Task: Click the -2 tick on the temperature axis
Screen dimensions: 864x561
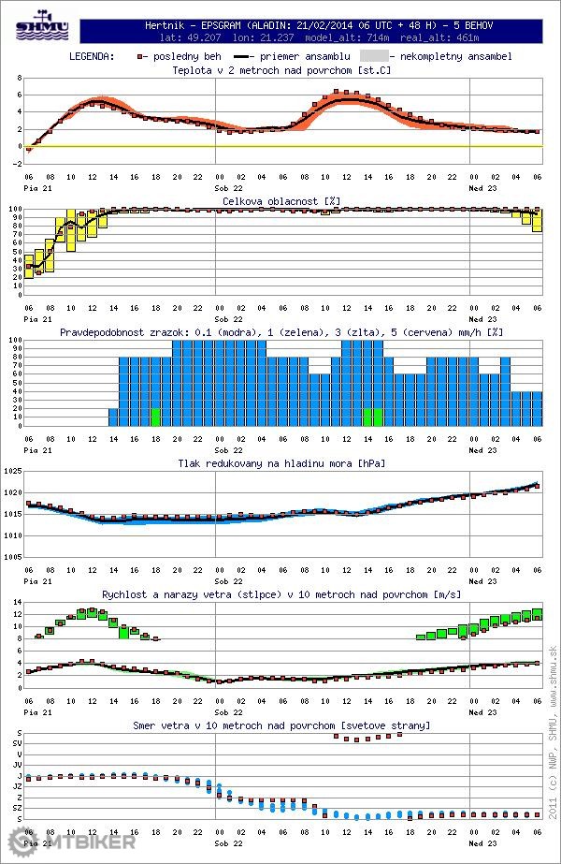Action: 16,163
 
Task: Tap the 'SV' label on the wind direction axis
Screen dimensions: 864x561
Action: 17,742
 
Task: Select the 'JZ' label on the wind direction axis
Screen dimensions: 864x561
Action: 17,786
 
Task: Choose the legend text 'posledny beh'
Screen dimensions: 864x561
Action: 187,56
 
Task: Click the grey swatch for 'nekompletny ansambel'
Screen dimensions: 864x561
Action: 372,56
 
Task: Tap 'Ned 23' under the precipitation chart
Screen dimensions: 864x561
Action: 482,449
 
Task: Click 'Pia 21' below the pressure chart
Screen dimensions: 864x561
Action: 36,580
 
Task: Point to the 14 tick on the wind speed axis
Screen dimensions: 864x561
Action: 16,602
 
